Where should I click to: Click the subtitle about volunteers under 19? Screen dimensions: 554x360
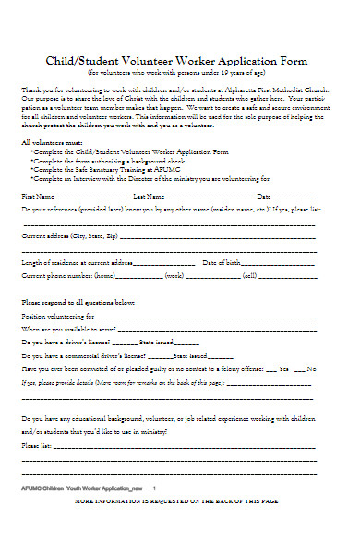[x=180, y=71]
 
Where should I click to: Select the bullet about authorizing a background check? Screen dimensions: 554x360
[x=114, y=161]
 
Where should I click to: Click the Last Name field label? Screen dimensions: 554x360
[x=150, y=197]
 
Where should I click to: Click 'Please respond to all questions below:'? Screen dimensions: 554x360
[x=78, y=303]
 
